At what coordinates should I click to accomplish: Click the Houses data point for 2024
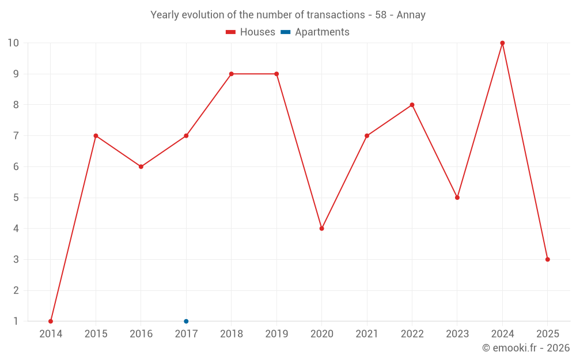click(502, 43)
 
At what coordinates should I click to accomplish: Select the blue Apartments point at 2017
click(186, 321)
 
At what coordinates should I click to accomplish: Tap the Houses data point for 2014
click(51, 321)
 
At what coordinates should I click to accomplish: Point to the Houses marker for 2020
click(321, 229)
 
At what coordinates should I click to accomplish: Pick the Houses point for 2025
click(547, 259)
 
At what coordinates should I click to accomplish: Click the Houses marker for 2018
click(231, 74)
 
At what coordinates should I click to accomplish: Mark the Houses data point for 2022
click(412, 105)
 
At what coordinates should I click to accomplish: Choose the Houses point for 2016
click(141, 166)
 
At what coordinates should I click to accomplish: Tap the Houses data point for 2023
click(457, 198)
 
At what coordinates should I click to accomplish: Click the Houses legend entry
click(251, 32)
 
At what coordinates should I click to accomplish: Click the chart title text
click(287, 15)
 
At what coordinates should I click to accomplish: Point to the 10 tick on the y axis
click(13, 43)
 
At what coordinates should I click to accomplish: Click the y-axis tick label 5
click(16, 198)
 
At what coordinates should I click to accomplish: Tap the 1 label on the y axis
click(16, 321)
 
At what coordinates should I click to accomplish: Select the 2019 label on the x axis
click(276, 334)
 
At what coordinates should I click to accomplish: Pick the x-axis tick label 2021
click(367, 334)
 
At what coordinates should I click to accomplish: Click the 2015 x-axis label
click(96, 334)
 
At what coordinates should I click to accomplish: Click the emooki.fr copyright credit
click(525, 348)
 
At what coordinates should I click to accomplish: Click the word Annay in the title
click(411, 15)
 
